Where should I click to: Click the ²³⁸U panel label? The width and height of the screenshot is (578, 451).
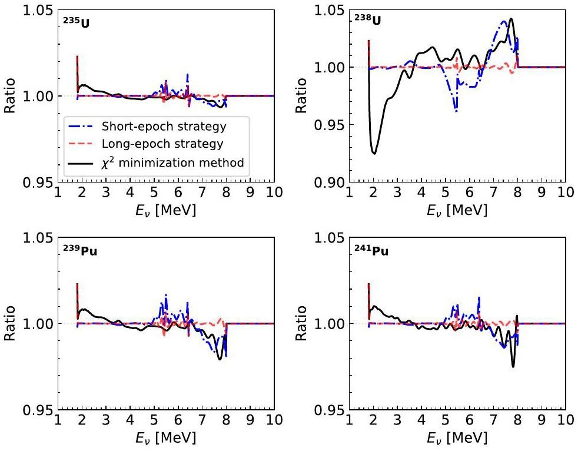[x=367, y=21]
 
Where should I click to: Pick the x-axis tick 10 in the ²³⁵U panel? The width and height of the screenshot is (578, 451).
[x=273, y=193]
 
